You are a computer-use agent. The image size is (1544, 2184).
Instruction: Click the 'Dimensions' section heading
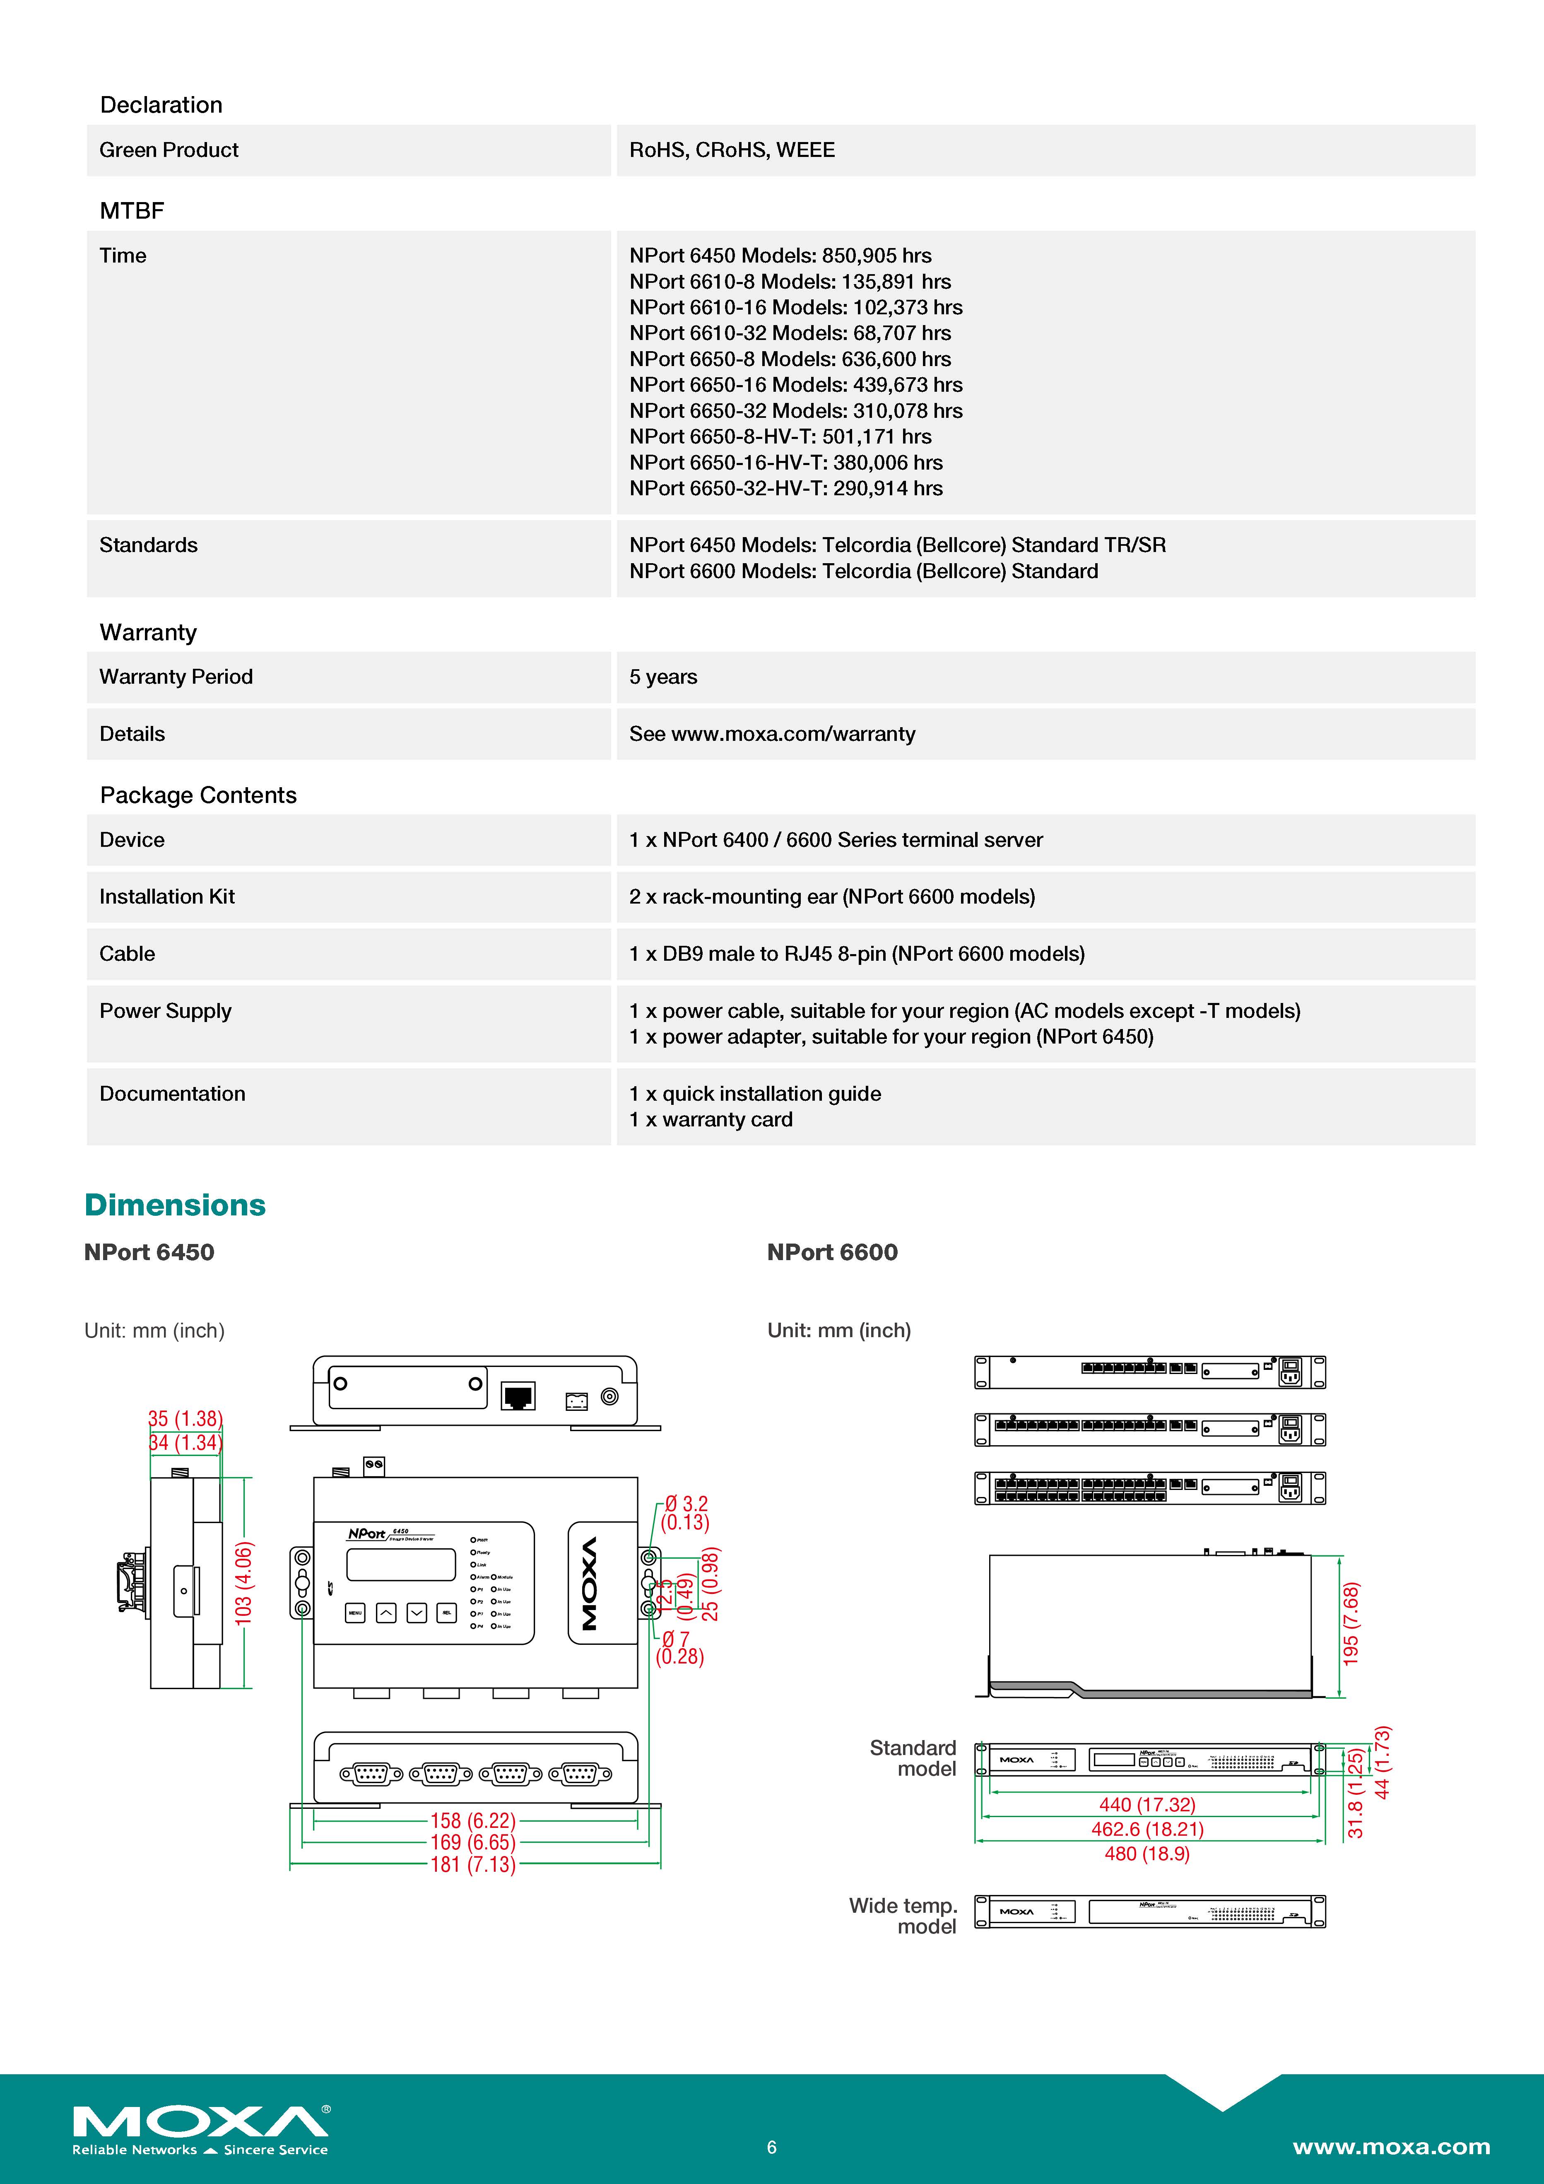175,1205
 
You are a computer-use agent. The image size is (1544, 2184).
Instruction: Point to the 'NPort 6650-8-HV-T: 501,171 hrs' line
780,436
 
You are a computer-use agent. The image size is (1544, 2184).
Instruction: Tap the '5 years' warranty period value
663,677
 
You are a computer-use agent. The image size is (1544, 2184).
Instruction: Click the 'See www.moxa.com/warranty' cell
771,734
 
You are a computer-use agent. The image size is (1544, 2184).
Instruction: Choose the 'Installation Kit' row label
166,897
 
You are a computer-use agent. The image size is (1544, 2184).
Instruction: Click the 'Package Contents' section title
198,795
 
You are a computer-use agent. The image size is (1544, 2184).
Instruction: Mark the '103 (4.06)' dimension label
243,1583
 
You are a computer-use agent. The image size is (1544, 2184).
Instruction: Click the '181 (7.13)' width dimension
473,1864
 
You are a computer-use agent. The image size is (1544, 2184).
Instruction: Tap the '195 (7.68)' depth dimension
1351,1624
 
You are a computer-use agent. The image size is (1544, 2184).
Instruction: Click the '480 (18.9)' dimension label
1147,1853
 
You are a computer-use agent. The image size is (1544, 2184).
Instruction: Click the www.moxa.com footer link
1391,2147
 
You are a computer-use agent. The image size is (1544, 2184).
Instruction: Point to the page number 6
771,2147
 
